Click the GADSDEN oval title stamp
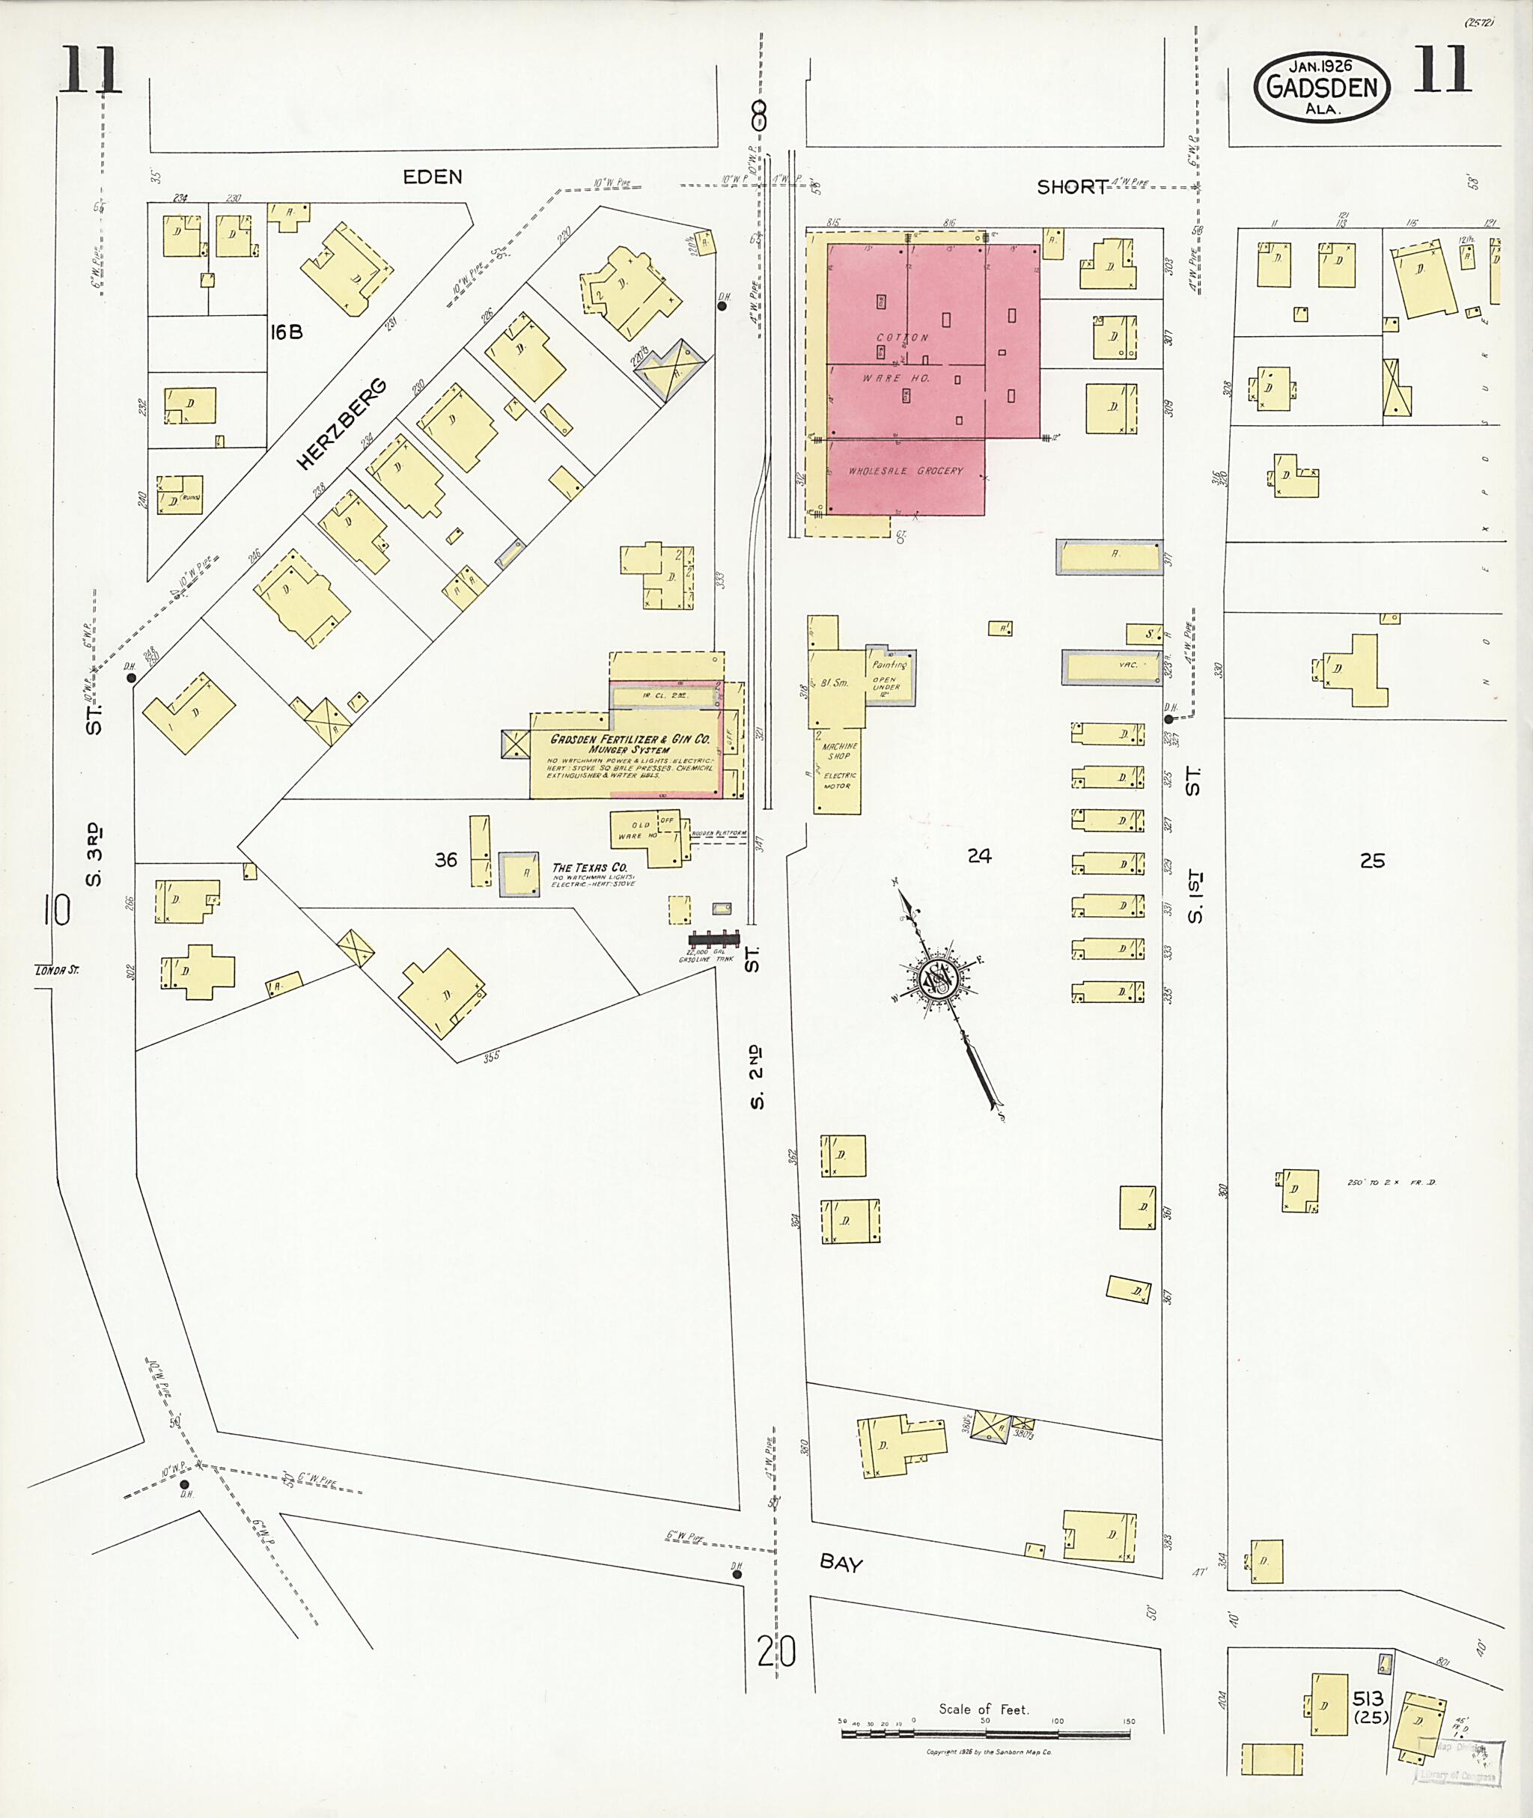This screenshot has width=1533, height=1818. (x=1321, y=88)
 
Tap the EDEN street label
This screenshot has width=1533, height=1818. (x=432, y=177)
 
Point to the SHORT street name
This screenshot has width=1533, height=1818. (x=1072, y=187)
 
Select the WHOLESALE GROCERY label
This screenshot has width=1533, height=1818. (x=905, y=471)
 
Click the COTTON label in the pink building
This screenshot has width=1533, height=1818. (x=902, y=338)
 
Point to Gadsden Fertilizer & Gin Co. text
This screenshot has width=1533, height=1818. (x=630, y=739)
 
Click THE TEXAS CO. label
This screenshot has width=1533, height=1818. (x=589, y=867)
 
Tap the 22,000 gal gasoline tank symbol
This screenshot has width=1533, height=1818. (x=713, y=939)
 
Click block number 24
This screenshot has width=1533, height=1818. (x=978, y=856)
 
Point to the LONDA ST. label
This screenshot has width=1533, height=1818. (x=56, y=970)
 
